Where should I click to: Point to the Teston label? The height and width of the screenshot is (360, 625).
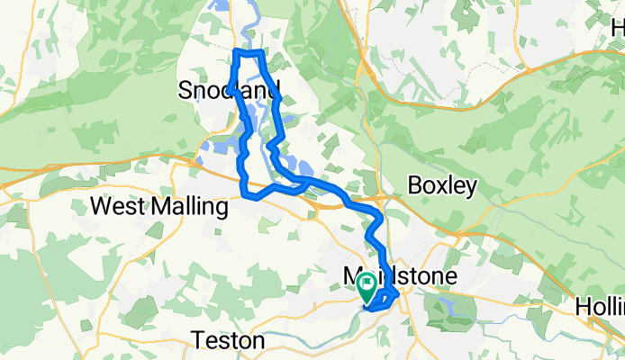[229, 341]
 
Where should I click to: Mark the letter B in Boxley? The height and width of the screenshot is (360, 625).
[415, 184]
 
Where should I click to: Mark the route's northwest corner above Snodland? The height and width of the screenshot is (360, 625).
[236, 53]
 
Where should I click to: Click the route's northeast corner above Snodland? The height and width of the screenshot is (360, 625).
[261, 54]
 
